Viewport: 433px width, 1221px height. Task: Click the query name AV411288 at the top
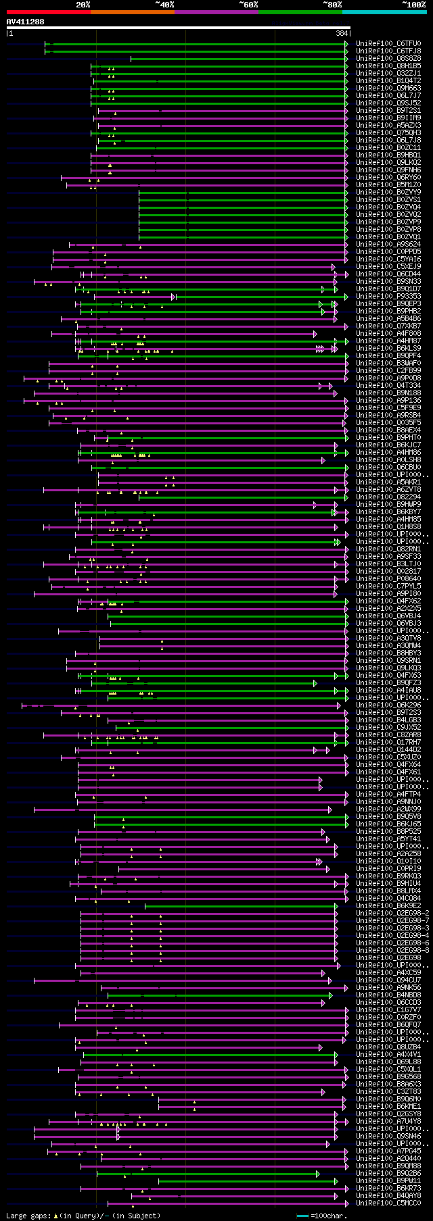pyautogui.click(x=26, y=22)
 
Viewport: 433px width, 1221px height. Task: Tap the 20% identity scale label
pyautogui.click(x=83, y=5)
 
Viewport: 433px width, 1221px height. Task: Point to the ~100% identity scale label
pyautogui.click(x=413, y=5)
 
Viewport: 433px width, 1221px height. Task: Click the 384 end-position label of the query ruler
pyautogui.click(x=342, y=33)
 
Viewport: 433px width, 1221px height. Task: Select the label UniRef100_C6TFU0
pyautogui.click(x=388, y=43)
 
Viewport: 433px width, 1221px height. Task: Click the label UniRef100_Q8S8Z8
pyautogui.click(x=388, y=58)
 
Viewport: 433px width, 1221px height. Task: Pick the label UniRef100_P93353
pyautogui.click(x=388, y=296)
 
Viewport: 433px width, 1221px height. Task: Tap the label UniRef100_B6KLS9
pyautogui.click(x=388, y=348)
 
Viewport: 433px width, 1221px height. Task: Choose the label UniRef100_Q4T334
pyautogui.click(x=388, y=385)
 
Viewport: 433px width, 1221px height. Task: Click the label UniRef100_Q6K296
pyautogui.click(x=388, y=705)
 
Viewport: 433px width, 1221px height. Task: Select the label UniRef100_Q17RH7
pyautogui.click(x=388, y=742)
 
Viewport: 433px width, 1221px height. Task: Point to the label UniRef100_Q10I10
pyautogui.click(x=388, y=861)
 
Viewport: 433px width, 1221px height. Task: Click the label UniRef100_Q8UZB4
pyautogui.click(x=388, y=1047)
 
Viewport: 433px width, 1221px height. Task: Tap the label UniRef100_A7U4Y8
pyautogui.click(x=388, y=1121)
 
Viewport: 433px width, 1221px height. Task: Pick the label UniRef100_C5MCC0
pyautogui.click(x=388, y=1203)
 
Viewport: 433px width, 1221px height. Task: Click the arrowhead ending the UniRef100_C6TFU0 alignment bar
pyautogui.click(x=346, y=43)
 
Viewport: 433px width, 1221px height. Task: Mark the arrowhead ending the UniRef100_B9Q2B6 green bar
pyautogui.click(x=317, y=1174)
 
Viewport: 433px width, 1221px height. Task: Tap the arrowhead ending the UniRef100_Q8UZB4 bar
pyautogui.click(x=321, y=1047)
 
